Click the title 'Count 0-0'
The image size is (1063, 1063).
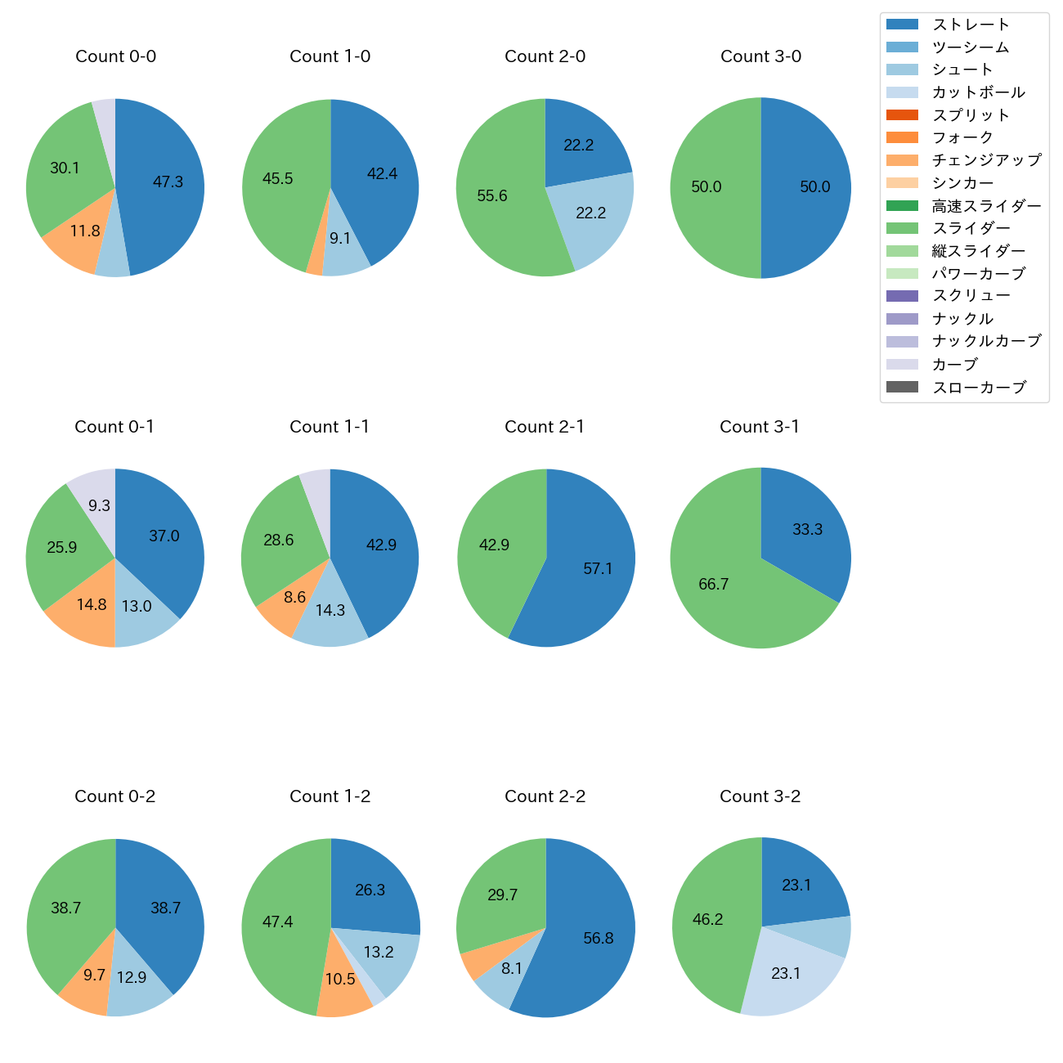pyautogui.click(x=115, y=56)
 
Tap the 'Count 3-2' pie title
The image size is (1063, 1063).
pyautogui.click(x=760, y=796)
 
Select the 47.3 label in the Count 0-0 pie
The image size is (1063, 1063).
pyautogui.click(x=168, y=182)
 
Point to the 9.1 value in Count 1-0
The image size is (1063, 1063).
pyautogui.click(x=340, y=239)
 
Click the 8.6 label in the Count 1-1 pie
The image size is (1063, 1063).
pyautogui.click(x=294, y=598)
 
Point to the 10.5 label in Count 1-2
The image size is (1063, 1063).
pyautogui.click(x=340, y=980)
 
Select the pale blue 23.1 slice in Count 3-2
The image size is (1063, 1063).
pyautogui.click(x=786, y=974)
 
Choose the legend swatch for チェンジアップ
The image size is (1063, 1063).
pyautogui.click(x=902, y=160)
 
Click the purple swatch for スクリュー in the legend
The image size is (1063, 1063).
pyautogui.click(x=902, y=296)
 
